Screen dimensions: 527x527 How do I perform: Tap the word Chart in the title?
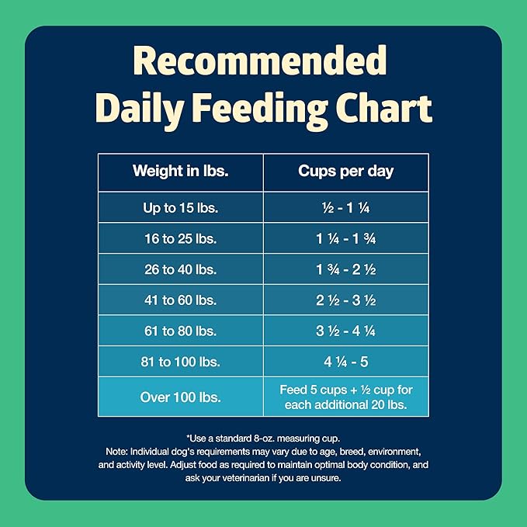378,108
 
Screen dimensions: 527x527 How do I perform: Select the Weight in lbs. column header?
180,171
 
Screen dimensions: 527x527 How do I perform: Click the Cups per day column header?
346,171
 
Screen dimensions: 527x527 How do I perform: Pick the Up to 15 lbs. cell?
180,207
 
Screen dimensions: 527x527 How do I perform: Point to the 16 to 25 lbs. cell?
180,238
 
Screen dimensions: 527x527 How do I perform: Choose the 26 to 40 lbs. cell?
180,269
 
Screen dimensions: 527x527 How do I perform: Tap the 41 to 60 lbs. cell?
180,300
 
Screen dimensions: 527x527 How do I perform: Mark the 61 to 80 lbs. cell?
180,331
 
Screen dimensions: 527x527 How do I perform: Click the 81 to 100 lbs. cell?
180,362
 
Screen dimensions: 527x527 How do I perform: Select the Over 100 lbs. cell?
180,397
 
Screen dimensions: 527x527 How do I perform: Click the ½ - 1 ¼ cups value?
346,207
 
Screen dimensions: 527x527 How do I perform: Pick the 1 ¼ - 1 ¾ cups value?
346,238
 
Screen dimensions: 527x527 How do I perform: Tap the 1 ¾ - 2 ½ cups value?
346,269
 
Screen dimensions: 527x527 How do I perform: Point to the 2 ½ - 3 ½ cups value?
346,300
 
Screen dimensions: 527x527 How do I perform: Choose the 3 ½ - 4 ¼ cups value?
346,331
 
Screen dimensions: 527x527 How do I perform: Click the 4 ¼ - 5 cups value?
346,362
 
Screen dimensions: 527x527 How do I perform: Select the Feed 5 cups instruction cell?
346,397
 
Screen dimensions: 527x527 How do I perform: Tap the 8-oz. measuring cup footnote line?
263,439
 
